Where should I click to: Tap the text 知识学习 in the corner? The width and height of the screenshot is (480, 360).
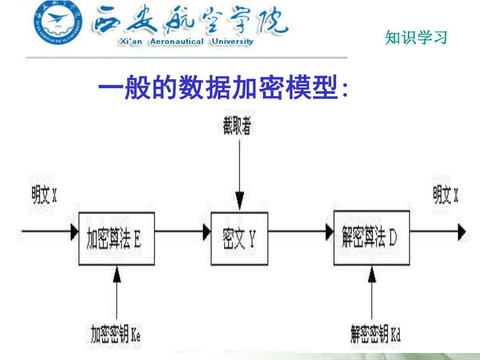coord(416,37)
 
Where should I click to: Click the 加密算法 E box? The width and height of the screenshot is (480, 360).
coord(116,239)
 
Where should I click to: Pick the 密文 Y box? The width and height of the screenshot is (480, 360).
coord(240,239)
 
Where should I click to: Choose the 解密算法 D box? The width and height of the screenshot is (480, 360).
coord(372,238)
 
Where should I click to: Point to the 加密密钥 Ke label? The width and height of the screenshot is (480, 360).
coord(115,334)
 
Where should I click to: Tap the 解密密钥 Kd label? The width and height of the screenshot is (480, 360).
coord(375,334)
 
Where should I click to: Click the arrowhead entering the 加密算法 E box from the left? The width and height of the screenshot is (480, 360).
coord(74,231)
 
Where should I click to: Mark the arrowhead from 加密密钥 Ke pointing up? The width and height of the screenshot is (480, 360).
coord(117,275)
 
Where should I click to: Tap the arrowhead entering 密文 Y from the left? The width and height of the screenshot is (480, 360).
coord(207,231)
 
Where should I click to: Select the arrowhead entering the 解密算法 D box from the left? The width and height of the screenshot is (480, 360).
coord(330,231)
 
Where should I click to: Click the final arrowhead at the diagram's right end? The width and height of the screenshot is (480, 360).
coord(462,231)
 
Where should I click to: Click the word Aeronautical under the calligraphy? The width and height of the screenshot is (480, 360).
coord(176,41)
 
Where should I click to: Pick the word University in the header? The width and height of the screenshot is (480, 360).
coord(232,41)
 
